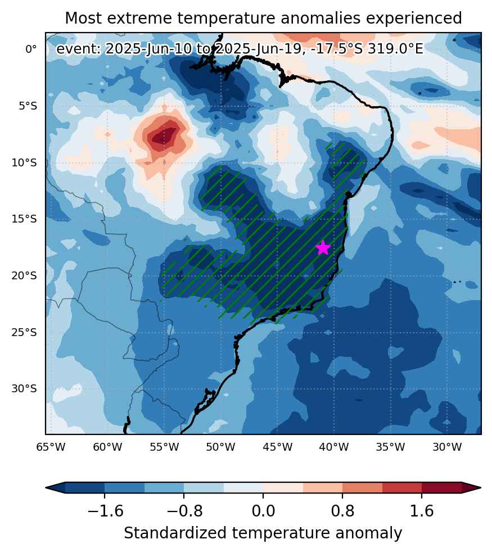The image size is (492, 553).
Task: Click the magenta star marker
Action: pos(323,248)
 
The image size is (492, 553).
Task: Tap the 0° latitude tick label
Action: pos(31,49)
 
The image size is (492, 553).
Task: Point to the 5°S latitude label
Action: pos(28,106)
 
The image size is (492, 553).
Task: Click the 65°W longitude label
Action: pos(51,447)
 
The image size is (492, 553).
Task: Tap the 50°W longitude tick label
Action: pos(220,447)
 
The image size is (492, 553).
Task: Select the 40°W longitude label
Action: pos(334,447)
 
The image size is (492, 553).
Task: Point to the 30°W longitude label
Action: pos(447,447)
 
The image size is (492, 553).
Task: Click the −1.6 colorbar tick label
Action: pos(105,511)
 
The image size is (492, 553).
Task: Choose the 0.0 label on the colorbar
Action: pos(263,511)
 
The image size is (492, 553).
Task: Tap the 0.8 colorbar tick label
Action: pos(342,511)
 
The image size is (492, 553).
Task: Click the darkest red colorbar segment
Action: pos(441,487)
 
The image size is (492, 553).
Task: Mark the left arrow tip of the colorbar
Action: pos(46,488)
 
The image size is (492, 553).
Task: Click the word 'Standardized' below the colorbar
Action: pos(175,533)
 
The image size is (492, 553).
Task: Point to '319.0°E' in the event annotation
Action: pos(395,49)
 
